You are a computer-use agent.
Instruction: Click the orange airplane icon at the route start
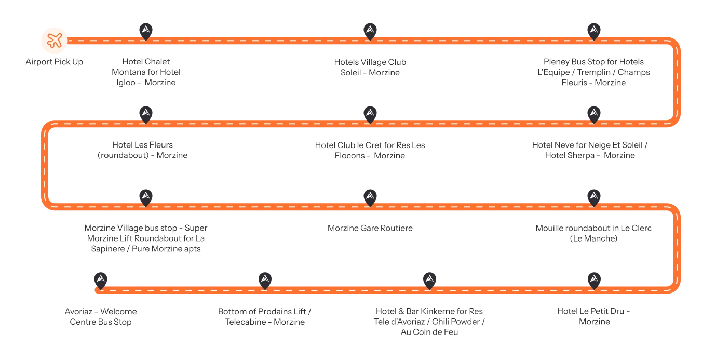click(x=55, y=39)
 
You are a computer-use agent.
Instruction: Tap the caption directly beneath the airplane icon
click(x=54, y=62)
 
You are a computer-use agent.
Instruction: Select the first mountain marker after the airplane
click(x=146, y=30)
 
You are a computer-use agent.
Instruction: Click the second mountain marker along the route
click(x=370, y=30)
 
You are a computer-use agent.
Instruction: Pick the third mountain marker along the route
click(x=593, y=30)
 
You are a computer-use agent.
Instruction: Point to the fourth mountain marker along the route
click(x=593, y=113)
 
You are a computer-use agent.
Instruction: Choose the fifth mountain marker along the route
click(x=370, y=113)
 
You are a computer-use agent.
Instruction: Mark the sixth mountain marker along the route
click(x=146, y=113)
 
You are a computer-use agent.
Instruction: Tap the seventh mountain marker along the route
click(x=146, y=196)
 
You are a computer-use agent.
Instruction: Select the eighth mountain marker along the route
click(x=370, y=196)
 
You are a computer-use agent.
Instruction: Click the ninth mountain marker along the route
click(x=593, y=196)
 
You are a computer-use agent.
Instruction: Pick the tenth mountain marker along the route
click(x=593, y=279)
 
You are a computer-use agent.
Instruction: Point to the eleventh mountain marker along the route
click(x=429, y=279)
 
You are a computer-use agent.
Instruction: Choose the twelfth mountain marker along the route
click(x=265, y=279)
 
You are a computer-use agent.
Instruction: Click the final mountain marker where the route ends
click(x=100, y=279)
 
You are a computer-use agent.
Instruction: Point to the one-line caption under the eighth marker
click(x=371, y=229)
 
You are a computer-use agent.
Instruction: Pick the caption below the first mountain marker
click(x=147, y=72)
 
